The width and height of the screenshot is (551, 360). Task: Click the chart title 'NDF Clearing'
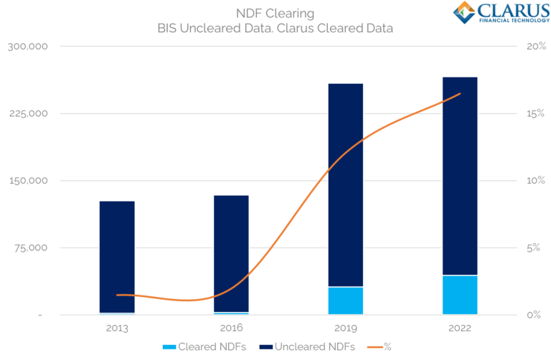pos(275,13)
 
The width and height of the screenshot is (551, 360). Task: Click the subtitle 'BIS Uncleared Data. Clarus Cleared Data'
pos(275,28)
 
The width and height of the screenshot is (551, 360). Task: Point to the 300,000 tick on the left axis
pos(27,47)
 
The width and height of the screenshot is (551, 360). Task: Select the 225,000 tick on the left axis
pos(27,113)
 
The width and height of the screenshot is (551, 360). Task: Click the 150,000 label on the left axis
pos(27,181)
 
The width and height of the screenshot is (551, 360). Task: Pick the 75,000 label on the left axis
pos(31,248)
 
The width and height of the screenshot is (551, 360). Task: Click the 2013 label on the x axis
pos(117,328)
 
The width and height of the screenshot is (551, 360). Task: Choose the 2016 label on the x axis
pos(231,328)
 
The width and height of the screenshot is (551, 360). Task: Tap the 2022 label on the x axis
pos(460,328)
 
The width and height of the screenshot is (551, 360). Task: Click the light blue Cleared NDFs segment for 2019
pos(345,300)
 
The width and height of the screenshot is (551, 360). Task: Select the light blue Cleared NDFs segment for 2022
pos(460,295)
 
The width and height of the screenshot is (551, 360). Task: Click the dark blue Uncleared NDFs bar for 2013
pos(117,256)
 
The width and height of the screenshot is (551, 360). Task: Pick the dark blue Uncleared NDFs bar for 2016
pos(231,253)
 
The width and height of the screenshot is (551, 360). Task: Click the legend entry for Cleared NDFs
pos(198,346)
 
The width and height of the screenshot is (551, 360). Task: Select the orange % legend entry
pos(376,346)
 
